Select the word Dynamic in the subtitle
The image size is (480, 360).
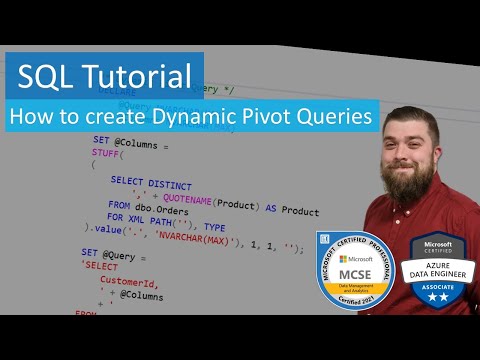(x=198, y=117)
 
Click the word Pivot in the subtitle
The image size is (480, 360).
(x=271, y=117)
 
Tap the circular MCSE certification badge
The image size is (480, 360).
(x=356, y=270)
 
